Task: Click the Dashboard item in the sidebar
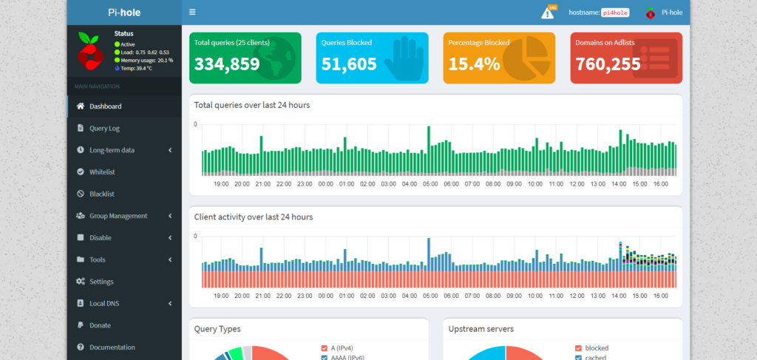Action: tap(105, 106)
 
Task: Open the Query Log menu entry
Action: tap(104, 128)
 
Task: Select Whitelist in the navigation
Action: tap(102, 172)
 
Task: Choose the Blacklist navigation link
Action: tap(101, 194)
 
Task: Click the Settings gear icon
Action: tap(81, 282)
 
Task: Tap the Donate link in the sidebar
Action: tap(100, 325)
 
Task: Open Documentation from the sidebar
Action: tap(112, 347)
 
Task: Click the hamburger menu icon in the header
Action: tap(192, 13)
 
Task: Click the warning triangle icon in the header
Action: tap(548, 13)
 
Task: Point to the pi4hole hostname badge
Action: tap(614, 13)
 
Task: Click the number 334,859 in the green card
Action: tap(227, 64)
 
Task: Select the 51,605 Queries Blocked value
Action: tap(349, 64)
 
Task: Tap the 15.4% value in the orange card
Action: tap(470, 64)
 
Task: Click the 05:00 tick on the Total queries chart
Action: tap(430, 184)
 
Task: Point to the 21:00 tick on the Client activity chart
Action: tap(262, 296)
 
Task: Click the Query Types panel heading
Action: tap(217, 329)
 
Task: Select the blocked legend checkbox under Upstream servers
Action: tap(578, 347)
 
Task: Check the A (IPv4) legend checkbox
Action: tap(324, 347)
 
